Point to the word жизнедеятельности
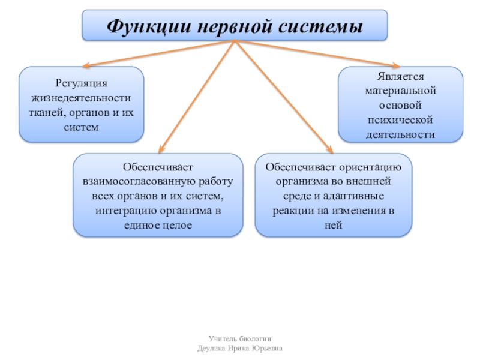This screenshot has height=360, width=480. [81, 97]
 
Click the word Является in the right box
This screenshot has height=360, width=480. [401, 77]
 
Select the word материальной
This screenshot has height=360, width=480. [401, 92]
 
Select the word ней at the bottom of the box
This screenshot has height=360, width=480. [334, 226]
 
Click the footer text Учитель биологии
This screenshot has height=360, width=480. [239, 339]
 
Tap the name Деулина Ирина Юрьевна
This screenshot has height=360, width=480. [239, 349]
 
